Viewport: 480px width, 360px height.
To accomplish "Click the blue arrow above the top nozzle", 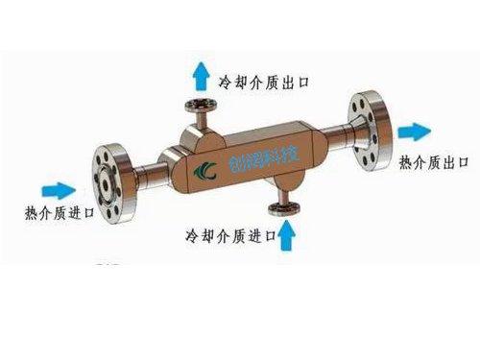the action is coord(200,73).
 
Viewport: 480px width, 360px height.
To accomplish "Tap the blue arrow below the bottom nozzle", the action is coord(285,234).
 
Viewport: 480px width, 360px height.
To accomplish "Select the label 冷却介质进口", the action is coord(230,234).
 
